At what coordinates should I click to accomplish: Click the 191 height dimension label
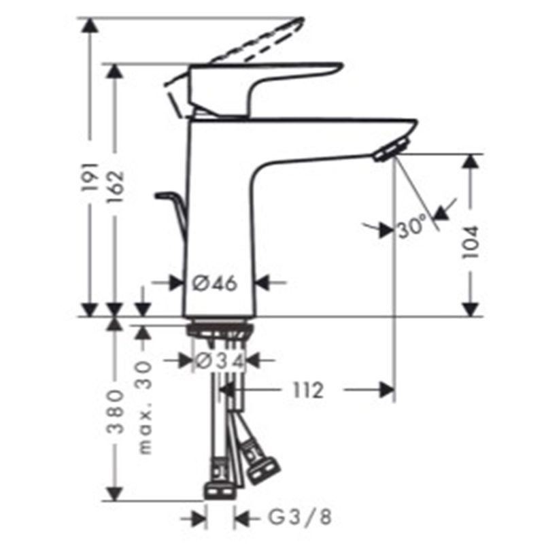coord(90,177)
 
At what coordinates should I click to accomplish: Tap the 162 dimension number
coord(115,186)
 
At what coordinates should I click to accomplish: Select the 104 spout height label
coord(471,242)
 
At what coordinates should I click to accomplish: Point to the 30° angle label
coord(412,226)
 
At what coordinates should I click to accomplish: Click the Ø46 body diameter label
coord(215,284)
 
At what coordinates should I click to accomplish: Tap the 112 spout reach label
coord(308,390)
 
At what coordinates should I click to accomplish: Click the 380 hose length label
coord(115,412)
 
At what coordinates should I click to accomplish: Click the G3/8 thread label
coord(300,517)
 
